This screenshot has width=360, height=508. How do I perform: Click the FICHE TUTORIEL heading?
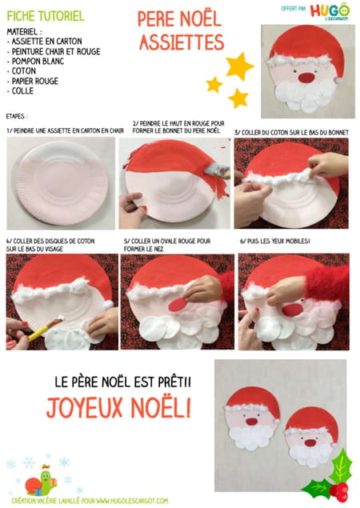[46, 16]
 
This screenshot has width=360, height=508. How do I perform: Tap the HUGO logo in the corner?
[330, 12]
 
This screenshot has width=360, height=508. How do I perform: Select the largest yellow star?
[239, 66]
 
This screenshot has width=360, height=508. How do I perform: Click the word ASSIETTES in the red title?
[182, 42]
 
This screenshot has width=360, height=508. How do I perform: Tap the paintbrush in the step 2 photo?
[218, 170]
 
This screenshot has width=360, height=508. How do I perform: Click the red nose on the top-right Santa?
[306, 78]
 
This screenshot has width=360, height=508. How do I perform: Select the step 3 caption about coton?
[291, 133]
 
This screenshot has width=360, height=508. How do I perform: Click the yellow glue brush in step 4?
[46, 329]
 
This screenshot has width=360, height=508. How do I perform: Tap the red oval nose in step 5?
[178, 305]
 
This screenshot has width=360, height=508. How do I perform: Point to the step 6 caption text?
[274, 241]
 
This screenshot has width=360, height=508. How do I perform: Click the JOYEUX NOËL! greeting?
[118, 407]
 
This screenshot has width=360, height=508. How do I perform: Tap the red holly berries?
[339, 491]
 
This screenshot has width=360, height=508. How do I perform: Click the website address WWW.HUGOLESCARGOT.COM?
[132, 501]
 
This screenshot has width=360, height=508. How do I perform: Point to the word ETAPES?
[17, 116]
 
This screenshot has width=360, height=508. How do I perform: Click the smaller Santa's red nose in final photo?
[310, 442]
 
